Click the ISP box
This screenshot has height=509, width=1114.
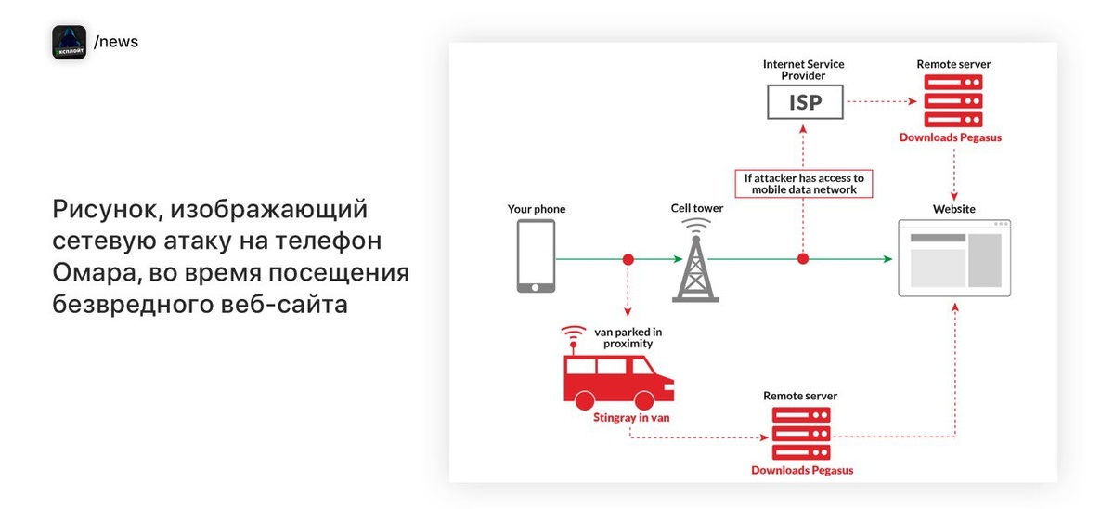805,101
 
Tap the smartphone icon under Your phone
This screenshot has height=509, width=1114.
536,257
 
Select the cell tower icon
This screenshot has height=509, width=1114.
696,265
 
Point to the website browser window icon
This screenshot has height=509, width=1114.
954,258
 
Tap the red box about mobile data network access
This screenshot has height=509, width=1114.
804,184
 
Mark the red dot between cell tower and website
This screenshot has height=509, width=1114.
804,259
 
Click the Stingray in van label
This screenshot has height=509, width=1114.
631,417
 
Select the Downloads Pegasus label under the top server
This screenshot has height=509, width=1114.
951,137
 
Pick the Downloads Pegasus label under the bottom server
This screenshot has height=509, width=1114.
802,470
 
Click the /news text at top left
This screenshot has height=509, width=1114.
116,42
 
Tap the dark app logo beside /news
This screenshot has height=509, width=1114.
69,42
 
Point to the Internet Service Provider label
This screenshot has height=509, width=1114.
804,70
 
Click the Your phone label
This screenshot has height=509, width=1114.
537,209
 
